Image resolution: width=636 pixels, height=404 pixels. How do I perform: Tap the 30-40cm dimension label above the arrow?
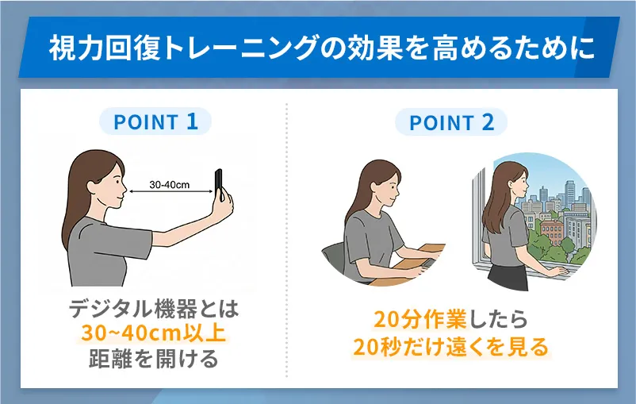tap(170, 183)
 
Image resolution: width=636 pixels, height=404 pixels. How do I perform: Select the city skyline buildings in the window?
tap(555, 198)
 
